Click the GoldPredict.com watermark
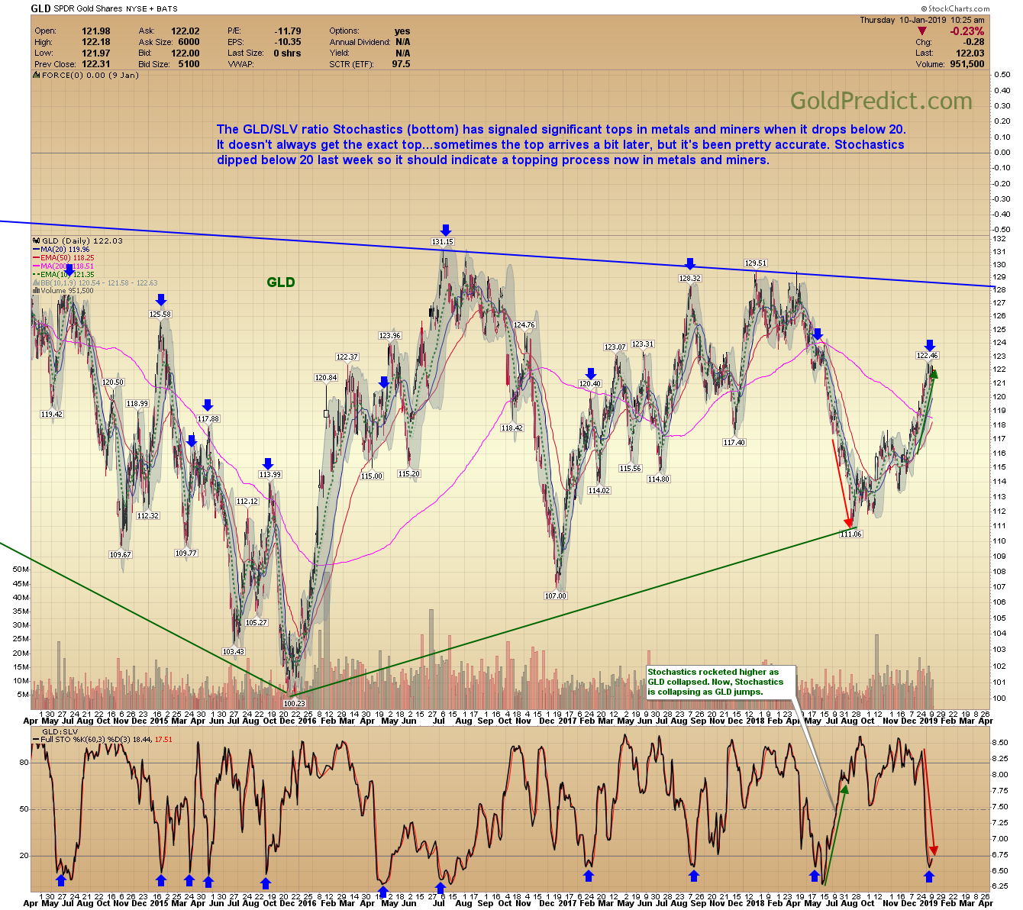tap(881, 101)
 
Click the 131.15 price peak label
tap(443, 242)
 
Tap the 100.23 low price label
tap(294, 703)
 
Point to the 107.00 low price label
tap(556, 595)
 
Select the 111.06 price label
tap(850, 534)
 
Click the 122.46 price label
tap(928, 355)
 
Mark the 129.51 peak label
tap(755, 263)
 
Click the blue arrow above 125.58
tap(160, 301)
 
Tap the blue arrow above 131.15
tap(446, 230)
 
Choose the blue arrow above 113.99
tap(268, 463)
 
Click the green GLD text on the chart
tap(281, 282)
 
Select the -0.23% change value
tap(967, 31)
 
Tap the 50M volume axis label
tap(21, 570)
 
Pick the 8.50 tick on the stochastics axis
tap(999, 742)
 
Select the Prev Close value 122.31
tap(96, 64)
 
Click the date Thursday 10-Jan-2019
tap(903, 20)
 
